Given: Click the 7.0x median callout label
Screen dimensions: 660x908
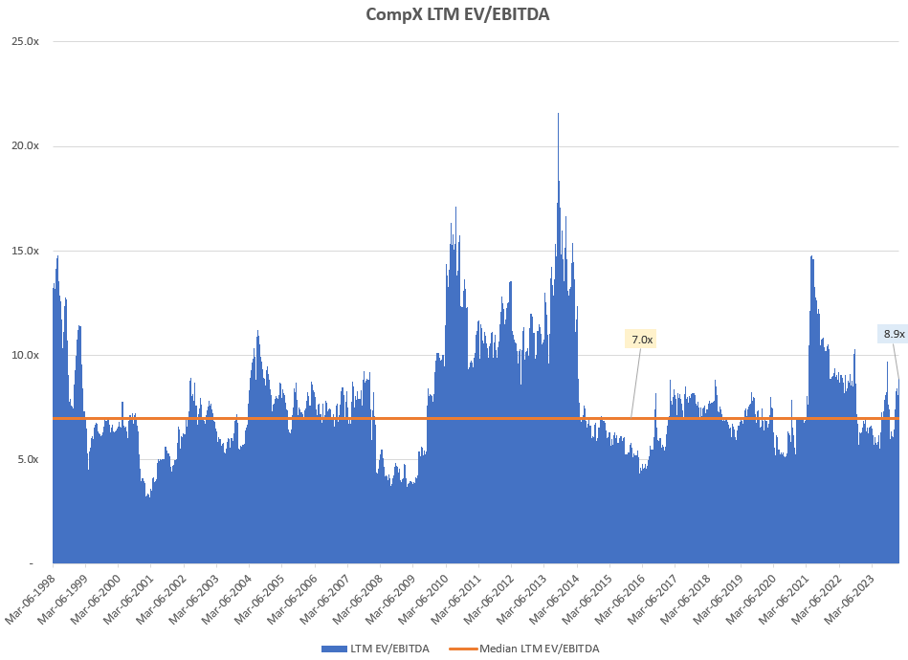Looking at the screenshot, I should tap(640, 339).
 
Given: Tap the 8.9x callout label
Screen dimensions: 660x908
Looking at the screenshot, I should tap(894, 334).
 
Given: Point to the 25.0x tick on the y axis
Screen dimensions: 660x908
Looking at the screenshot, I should tap(25, 42).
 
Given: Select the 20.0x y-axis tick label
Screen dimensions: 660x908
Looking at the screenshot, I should tap(25, 146).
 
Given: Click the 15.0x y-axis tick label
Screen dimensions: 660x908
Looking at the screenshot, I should tap(25, 251).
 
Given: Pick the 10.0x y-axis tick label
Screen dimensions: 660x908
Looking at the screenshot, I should tap(25, 355).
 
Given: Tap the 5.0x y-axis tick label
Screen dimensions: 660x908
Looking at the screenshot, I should tap(28, 459).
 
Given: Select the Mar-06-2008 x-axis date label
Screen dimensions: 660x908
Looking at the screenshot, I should tap(359, 597).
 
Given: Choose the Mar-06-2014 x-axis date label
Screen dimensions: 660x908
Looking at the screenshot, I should tap(556, 597).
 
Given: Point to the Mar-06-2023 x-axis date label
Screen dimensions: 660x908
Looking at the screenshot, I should tap(851, 597).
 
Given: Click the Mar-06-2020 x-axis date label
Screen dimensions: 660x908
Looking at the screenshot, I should tap(752, 597).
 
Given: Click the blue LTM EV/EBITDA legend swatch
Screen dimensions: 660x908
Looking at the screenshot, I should tap(333, 649).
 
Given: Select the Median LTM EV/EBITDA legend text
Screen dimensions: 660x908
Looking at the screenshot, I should tap(539, 649).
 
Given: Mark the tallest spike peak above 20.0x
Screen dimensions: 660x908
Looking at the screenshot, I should tap(558, 115).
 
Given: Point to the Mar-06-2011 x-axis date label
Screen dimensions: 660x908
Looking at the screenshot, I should tap(457, 597).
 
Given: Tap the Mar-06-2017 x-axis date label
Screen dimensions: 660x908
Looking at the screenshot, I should tap(654, 597).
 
